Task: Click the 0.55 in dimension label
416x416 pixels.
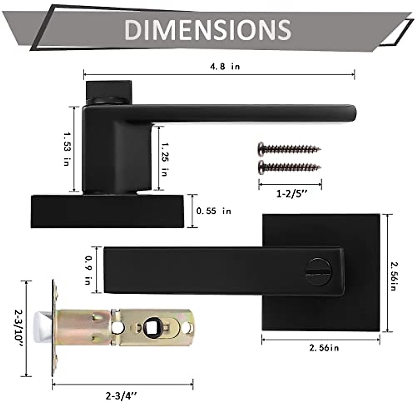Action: pyautogui.click(x=214, y=211)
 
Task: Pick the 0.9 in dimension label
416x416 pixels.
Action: pyautogui.click(x=88, y=270)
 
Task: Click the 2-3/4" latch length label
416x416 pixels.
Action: pyautogui.click(x=123, y=395)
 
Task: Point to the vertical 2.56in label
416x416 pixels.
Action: pyautogui.click(x=393, y=276)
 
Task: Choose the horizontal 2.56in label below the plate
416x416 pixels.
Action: pyautogui.click(x=324, y=347)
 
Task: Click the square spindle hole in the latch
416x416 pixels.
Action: pyautogui.click(x=151, y=328)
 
